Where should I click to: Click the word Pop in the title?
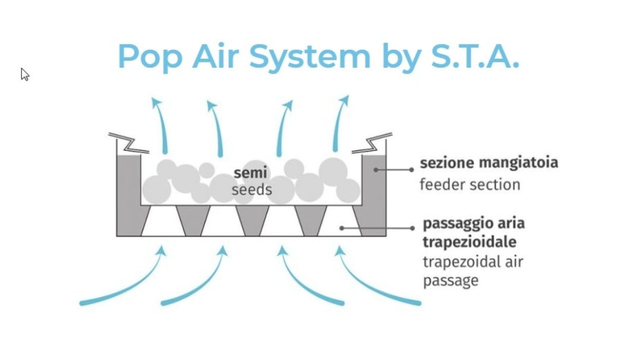149,57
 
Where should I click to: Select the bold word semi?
250,173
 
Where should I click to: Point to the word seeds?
252,190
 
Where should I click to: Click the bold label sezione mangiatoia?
489,163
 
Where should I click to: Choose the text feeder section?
469,184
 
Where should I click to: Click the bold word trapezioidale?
469,242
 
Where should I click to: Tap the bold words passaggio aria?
473,225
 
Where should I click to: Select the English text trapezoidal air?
473,261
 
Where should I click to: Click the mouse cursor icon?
25,74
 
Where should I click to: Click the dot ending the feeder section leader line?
375,170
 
